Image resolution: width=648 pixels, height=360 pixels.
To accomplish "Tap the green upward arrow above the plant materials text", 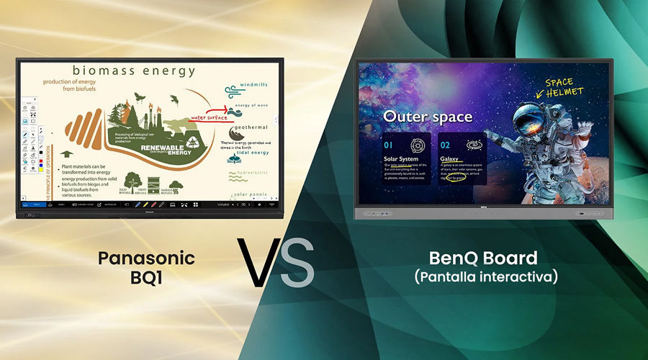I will [x=67, y=155].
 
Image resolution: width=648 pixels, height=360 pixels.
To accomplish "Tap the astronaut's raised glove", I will [x=496, y=137].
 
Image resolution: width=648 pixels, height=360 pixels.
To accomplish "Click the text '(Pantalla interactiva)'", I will [x=485, y=276].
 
